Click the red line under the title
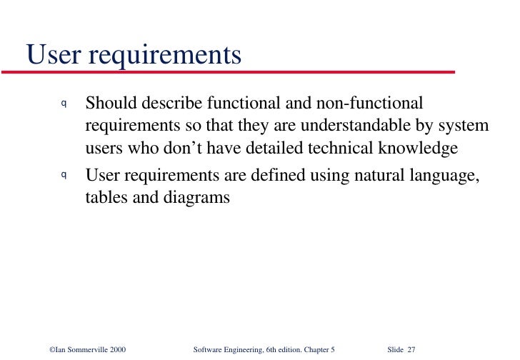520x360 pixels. (x=229, y=72)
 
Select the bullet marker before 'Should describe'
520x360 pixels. (x=64, y=104)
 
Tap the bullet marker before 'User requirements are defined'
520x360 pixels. (x=64, y=174)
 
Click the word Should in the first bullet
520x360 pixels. (x=109, y=103)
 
